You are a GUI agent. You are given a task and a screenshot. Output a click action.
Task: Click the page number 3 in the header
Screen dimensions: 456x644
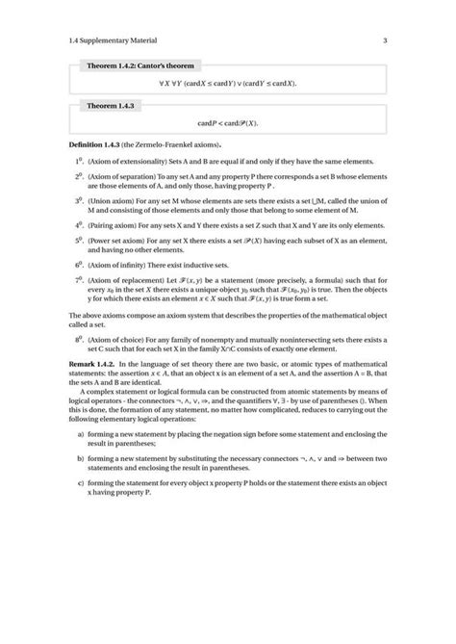(x=384, y=40)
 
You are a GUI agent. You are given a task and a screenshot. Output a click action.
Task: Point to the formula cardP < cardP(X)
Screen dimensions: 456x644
(x=228, y=123)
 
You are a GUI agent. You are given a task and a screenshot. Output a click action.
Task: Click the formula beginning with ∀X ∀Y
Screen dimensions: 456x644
(x=228, y=84)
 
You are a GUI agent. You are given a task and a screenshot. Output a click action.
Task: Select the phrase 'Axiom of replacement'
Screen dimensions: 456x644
(x=128, y=280)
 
